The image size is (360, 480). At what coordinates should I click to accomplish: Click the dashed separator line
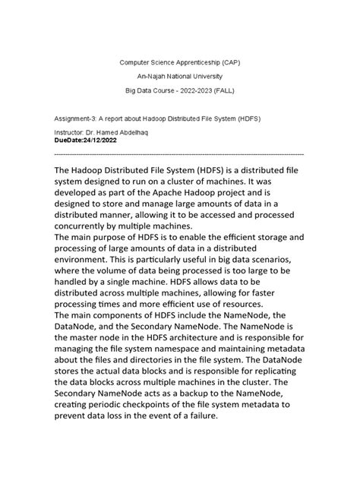pos(179,153)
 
